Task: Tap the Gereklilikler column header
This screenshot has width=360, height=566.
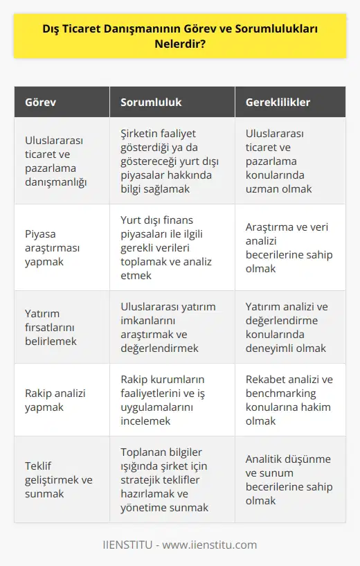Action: point(278,102)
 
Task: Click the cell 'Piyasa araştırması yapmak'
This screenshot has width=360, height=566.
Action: point(51,247)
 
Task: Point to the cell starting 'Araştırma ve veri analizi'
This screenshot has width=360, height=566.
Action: point(289,247)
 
